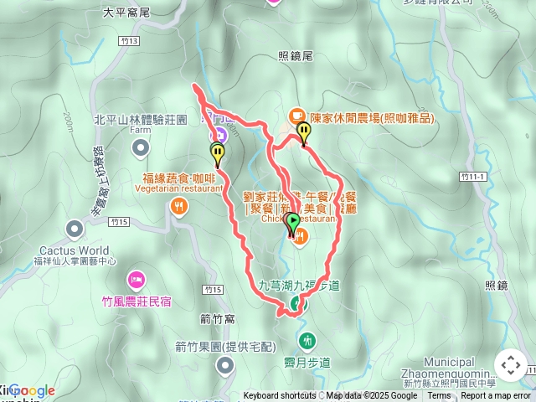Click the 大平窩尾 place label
pos(126,13)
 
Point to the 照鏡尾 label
pos(295,56)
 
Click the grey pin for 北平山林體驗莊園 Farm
pos(140,147)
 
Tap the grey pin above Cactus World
pos(75,228)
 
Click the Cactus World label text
pos(74,250)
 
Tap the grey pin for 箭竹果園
pos(224,364)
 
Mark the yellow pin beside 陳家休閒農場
pos(303,132)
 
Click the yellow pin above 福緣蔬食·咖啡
pos(218,154)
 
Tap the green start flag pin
pos(293,223)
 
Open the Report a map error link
pos(496,396)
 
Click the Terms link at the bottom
pos(439,396)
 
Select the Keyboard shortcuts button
pos(280,396)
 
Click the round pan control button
pos(510,365)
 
